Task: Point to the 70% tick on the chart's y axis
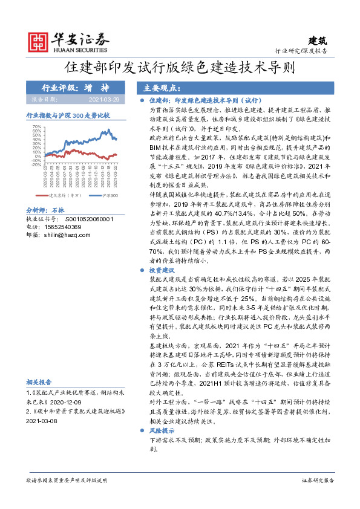click(36, 128)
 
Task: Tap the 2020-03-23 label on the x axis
click(45, 179)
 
